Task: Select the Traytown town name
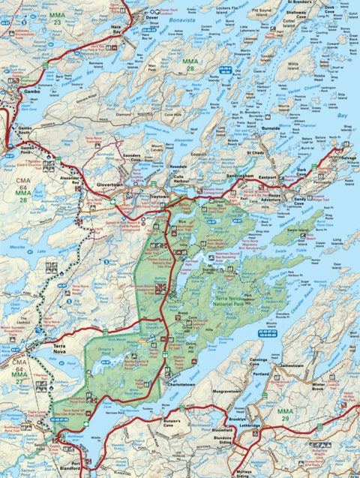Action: (159, 195)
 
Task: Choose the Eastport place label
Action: (266, 172)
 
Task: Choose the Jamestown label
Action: (290, 365)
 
